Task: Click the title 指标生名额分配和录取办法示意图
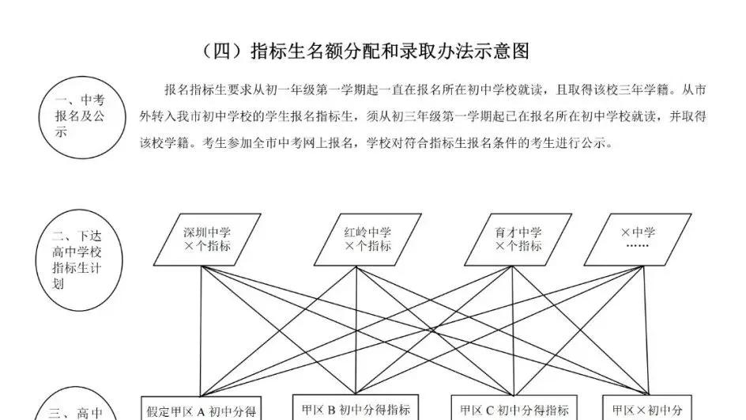click(x=389, y=52)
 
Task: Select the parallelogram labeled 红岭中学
click(x=367, y=240)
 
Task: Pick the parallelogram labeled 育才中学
click(x=518, y=240)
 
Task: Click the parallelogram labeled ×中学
click(x=638, y=240)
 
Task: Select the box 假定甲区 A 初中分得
click(x=201, y=410)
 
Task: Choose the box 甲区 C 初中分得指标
click(x=514, y=409)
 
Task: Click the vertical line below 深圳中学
click(x=199, y=332)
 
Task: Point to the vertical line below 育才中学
click(x=514, y=332)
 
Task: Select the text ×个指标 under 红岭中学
click(x=367, y=247)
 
